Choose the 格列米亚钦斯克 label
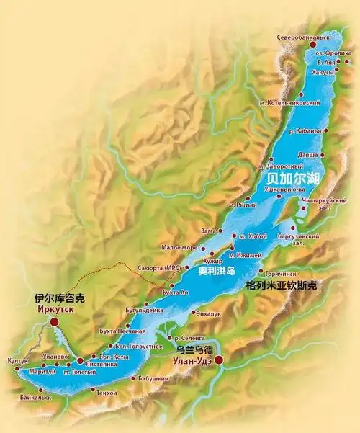pyautogui.click(x=281, y=286)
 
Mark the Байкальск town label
pyautogui.click(x=35, y=397)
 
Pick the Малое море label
pyautogui.click(x=177, y=247)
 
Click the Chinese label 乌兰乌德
pyautogui.click(x=194, y=349)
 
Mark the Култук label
pyautogui.click(x=19, y=360)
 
